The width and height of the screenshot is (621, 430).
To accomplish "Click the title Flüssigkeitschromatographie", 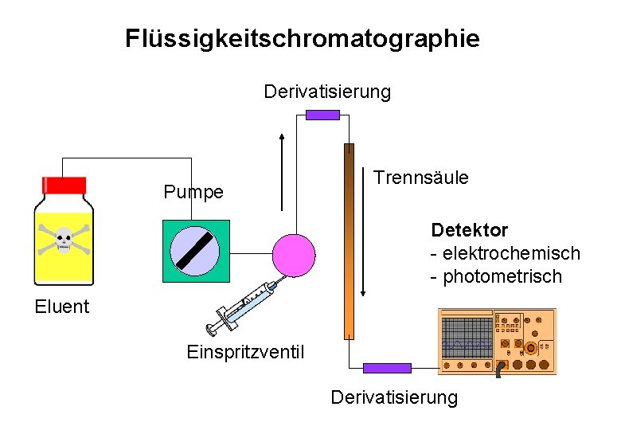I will (x=303, y=38).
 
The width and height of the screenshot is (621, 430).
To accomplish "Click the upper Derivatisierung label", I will (x=327, y=92).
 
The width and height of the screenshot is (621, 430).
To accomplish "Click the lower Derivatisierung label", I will (x=394, y=397).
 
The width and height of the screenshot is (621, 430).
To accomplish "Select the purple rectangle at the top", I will (x=322, y=115).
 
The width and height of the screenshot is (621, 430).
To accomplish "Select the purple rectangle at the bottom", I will (x=387, y=368).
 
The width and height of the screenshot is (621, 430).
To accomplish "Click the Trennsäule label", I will (x=421, y=178).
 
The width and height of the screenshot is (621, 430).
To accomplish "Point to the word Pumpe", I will (x=193, y=192).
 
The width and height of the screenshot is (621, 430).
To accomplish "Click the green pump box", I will (x=196, y=251).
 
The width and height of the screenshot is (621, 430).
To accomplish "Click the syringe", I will (x=240, y=306).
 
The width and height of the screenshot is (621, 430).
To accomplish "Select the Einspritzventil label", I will (x=244, y=351).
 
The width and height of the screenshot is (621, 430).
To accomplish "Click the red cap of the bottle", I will (x=64, y=186).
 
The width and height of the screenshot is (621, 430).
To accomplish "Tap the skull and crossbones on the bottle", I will (x=63, y=241).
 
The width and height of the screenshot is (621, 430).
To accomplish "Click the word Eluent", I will (x=62, y=307).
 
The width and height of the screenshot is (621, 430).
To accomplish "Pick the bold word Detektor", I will (x=469, y=230).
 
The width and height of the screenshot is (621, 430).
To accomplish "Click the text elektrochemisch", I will (x=511, y=253).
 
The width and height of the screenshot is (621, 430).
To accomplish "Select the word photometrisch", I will (x=502, y=276).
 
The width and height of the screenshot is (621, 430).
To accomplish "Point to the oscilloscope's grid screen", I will (x=467, y=338).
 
